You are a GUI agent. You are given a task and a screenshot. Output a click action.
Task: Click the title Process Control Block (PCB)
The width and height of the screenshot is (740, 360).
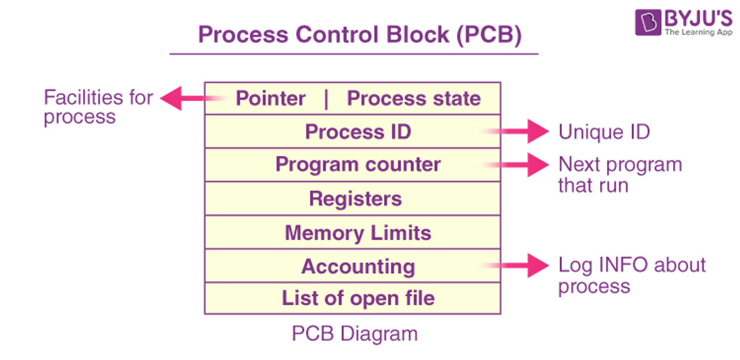tap(360, 35)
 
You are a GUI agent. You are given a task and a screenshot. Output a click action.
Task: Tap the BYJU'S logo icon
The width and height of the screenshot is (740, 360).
tap(647, 23)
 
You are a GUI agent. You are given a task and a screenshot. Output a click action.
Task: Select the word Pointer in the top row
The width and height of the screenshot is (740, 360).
tap(271, 98)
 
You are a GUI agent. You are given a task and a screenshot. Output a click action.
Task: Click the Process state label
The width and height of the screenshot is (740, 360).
tap(413, 98)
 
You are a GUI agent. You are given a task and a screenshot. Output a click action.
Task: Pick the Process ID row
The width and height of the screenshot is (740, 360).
tap(358, 132)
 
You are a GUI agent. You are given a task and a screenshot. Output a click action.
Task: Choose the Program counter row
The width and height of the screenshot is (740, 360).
tap(358, 165)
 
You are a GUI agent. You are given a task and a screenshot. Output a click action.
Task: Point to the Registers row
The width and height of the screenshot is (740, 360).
tap(355, 199)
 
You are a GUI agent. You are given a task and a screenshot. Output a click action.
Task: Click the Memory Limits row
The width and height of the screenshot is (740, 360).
tap(358, 233)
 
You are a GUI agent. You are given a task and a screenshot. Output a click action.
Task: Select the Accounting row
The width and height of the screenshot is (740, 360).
tap(358, 266)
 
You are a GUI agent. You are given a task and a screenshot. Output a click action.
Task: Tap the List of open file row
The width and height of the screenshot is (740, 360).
tap(358, 298)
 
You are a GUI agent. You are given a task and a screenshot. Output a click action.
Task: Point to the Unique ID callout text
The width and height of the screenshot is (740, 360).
tap(604, 132)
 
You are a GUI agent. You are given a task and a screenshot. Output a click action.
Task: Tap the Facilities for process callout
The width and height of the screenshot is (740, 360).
tap(98, 107)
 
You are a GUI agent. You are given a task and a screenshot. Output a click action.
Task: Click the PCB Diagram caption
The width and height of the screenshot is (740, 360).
tap(354, 334)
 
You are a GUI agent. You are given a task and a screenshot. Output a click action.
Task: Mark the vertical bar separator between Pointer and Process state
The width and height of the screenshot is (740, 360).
tap(326, 98)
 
